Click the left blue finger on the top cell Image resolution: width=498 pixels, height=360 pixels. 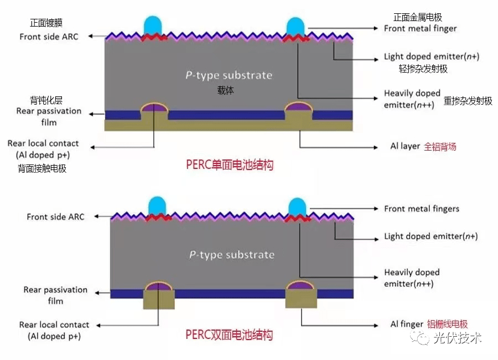(153, 25)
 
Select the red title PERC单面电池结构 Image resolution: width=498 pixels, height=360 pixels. (229, 164)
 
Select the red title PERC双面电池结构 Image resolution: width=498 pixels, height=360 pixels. (229, 335)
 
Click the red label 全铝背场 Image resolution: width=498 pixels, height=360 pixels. (440, 147)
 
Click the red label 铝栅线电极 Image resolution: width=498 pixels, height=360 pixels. (448, 325)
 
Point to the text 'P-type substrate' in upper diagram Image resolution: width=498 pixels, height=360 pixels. (229, 75)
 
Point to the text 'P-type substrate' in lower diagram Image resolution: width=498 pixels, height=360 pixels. (230, 255)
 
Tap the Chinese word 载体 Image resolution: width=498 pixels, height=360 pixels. (226, 90)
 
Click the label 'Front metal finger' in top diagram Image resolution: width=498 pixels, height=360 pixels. (421, 28)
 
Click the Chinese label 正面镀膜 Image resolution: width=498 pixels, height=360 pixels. (46, 23)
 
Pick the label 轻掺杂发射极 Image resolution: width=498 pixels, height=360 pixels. (415, 69)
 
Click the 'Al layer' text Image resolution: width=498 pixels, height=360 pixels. (405, 146)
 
